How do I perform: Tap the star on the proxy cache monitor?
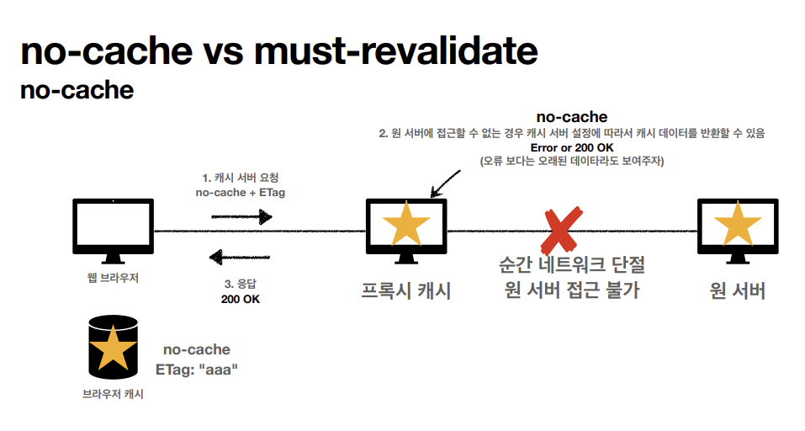[x=406, y=225]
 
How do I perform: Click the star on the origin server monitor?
[x=738, y=225]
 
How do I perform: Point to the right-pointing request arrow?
[x=241, y=217]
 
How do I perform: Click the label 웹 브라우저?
[x=112, y=279]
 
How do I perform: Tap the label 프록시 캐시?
[x=406, y=291]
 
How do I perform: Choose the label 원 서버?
[x=738, y=291]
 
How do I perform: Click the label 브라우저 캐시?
[x=113, y=393]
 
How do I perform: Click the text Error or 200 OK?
[x=572, y=147]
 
